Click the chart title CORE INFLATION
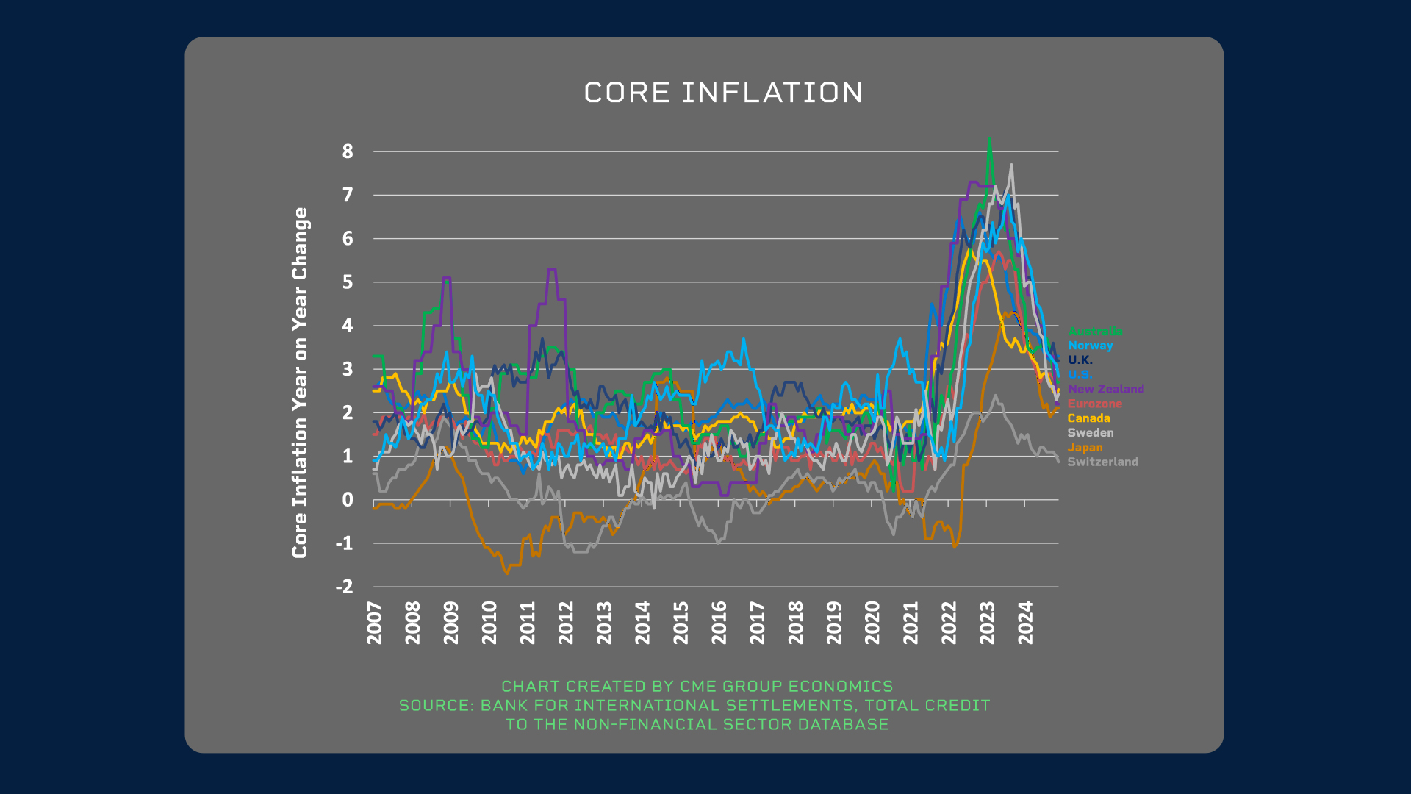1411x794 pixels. click(723, 93)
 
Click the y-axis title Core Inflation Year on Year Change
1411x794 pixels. click(300, 382)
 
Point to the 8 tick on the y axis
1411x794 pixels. click(348, 151)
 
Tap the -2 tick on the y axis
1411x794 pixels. click(344, 587)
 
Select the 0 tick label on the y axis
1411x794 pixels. click(348, 500)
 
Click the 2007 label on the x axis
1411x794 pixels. click(375, 623)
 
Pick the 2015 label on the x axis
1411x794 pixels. click(681, 623)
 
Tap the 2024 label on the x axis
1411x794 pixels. click(1026, 623)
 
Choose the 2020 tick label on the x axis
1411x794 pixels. click(872, 623)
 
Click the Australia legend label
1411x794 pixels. click(1095, 332)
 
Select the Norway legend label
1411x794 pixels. click(1091, 346)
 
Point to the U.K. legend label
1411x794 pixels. click(1080, 360)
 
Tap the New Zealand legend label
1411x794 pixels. click(1106, 389)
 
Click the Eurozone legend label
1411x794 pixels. click(1095, 404)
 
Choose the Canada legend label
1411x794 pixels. click(1088, 418)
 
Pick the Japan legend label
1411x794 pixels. click(1085, 447)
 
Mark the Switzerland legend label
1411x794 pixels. click(1102, 462)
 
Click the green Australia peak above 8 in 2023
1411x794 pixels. click(989, 140)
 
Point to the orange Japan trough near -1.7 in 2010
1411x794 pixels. click(506, 573)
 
